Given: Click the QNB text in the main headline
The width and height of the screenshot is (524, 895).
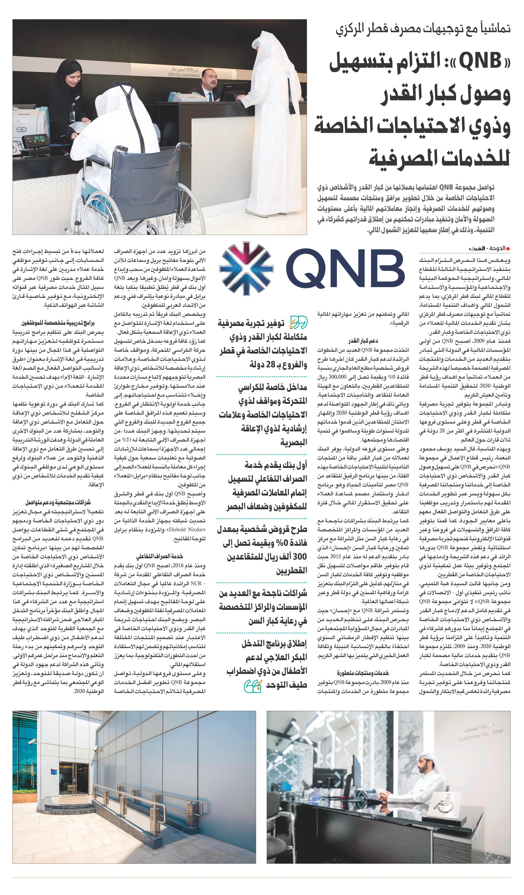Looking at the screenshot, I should coord(480,61).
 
